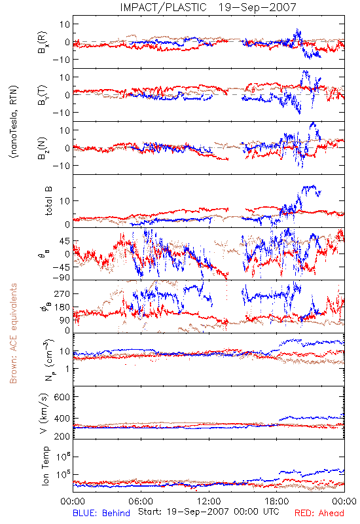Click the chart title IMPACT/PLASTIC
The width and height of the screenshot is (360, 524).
click(x=163, y=7)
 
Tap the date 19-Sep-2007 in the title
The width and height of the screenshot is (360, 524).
click(x=257, y=7)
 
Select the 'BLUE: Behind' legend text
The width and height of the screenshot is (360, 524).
click(x=101, y=513)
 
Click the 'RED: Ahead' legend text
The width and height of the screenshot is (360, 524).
click(x=319, y=513)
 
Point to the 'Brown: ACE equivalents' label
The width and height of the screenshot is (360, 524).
click(x=13, y=333)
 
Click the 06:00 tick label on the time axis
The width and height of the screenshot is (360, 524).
click(x=141, y=501)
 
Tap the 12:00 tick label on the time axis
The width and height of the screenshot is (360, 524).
click(x=209, y=501)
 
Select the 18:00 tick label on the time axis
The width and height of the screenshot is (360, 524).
click(x=277, y=501)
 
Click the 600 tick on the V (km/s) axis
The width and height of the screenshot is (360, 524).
click(x=62, y=397)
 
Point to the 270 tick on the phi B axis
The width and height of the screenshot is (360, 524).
click(x=62, y=293)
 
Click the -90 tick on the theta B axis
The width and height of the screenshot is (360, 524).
click(x=61, y=278)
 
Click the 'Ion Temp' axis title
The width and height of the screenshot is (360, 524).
click(x=45, y=466)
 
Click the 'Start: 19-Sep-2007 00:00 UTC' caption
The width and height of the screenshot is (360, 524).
click(x=208, y=512)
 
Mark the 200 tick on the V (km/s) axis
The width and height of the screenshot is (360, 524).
click(x=62, y=436)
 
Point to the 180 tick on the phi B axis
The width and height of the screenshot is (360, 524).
click(x=62, y=307)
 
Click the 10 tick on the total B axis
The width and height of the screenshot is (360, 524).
click(x=65, y=201)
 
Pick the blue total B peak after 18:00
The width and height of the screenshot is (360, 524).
click(x=314, y=186)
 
